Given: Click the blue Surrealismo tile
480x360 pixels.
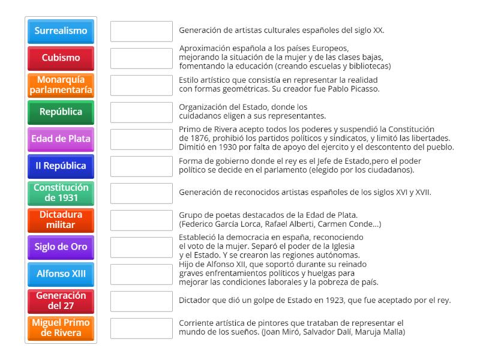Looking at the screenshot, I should point(61,31).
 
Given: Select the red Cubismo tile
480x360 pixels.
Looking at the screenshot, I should point(61,58).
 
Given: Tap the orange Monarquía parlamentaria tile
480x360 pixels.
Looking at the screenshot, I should point(61,85).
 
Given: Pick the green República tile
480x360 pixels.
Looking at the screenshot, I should point(61,112).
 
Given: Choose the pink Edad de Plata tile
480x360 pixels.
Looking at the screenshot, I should point(61,139).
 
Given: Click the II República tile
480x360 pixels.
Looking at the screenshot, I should point(61,166).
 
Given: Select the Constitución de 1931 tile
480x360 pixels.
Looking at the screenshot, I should point(61,193).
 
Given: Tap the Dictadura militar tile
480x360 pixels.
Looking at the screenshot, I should point(61,220).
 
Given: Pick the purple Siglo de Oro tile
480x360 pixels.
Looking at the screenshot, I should point(61,247).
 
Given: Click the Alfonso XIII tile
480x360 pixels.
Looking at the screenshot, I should point(61,274).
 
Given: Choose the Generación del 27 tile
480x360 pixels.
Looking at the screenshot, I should point(61,301).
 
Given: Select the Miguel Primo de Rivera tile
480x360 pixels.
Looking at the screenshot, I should point(61,328).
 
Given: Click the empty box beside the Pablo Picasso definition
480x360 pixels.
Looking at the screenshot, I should point(142,85).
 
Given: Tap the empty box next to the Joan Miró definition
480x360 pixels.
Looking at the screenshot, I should point(142,328).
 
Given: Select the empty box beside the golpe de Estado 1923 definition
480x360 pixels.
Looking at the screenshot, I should point(142,301).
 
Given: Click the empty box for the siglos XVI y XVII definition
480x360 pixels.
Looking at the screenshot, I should point(142,193).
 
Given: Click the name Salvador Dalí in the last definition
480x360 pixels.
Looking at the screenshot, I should point(322,332).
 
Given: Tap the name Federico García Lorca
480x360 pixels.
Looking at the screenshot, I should point(216,224).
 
